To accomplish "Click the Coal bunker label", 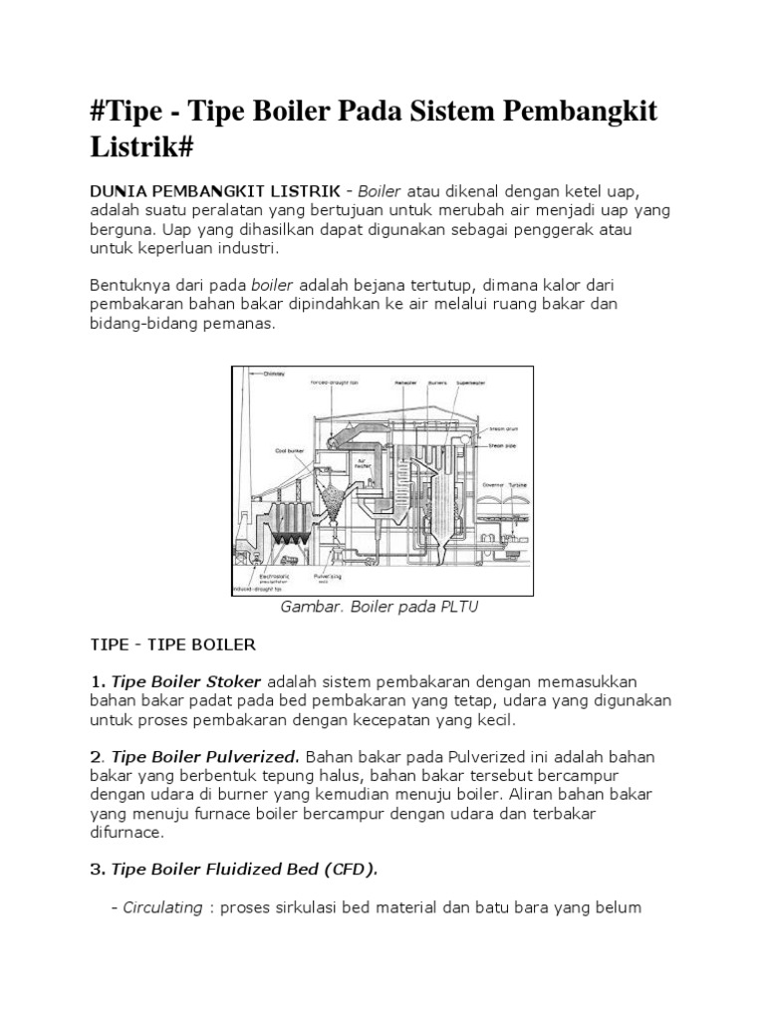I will (x=289, y=450).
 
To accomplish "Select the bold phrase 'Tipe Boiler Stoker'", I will (x=186, y=681).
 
